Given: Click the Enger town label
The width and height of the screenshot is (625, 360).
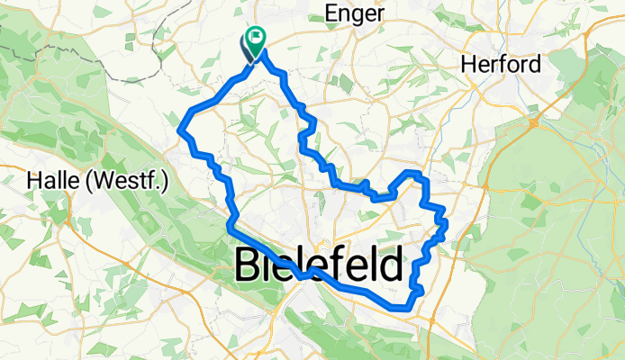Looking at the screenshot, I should click(x=358, y=13).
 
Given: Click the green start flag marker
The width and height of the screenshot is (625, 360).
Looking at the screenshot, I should click(x=257, y=39).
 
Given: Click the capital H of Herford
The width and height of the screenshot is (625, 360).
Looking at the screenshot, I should click(x=468, y=65).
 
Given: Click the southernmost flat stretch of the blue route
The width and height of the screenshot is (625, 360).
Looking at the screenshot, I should click(x=402, y=309).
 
